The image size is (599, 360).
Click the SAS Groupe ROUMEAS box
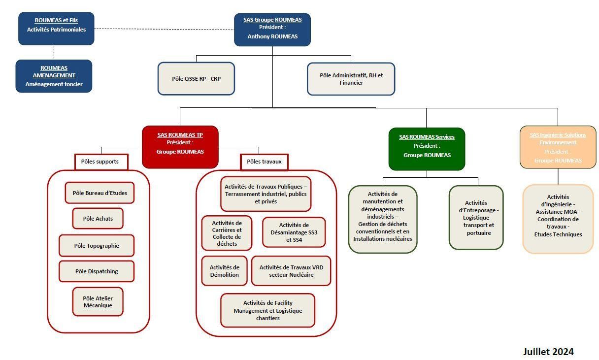point(272,30)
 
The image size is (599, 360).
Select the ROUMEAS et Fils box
point(56,29)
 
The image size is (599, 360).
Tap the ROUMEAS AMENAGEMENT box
point(54,76)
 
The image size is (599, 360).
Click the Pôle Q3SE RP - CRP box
point(196,78)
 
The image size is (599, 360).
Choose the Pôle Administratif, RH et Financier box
point(351,79)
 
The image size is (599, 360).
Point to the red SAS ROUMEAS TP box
point(180,146)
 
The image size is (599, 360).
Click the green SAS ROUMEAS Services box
point(427,149)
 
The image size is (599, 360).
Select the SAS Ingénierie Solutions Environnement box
point(558,147)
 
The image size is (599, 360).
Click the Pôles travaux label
point(264,162)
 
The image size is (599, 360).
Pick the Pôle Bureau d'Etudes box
point(100,193)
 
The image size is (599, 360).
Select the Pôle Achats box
point(98,218)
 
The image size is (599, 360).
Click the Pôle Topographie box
point(97,245)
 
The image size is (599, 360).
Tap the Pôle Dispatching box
point(97,271)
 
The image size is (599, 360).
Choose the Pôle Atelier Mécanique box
point(98,301)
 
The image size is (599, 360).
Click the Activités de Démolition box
point(224,271)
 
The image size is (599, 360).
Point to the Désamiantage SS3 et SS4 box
point(294,232)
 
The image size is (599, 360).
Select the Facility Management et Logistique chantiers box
point(267,310)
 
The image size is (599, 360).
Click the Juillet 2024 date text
point(548,352)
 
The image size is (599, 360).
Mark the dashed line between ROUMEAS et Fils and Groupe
point(164,29)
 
